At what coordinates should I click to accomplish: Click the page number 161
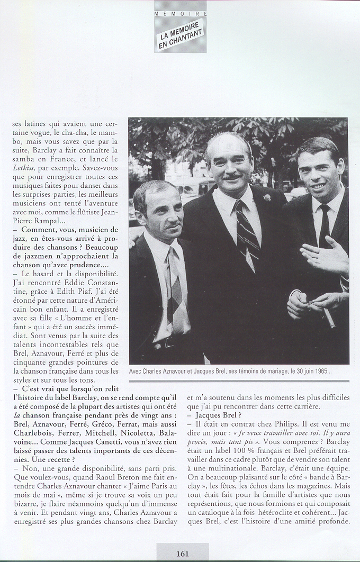(183, 554)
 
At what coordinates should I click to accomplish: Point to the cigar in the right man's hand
(329, 318)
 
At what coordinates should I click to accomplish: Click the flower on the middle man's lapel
(267, 197)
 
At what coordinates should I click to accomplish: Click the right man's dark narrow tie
(324, 225)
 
